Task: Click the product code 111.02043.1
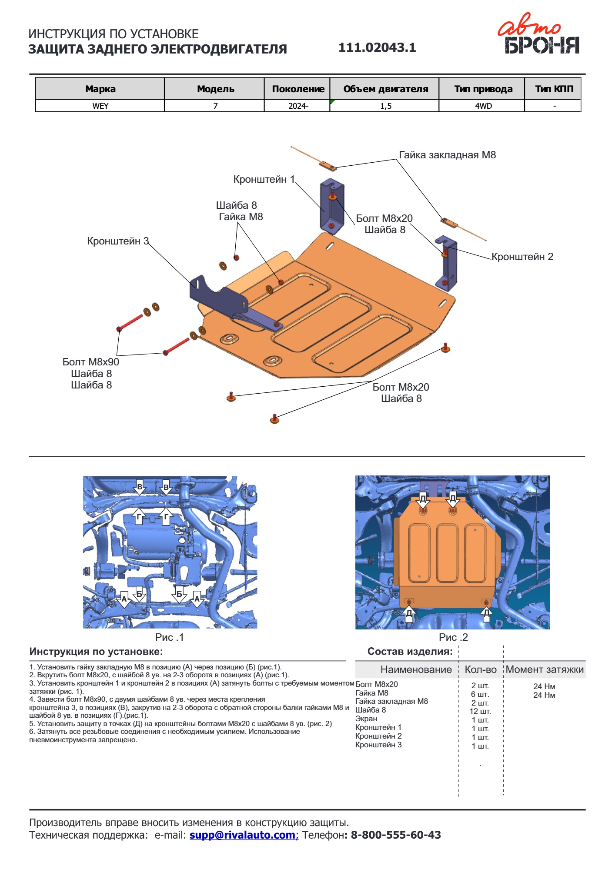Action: [x=377, y=47]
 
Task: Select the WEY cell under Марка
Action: [x=100, y=106]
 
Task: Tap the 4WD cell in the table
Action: [x=483, y=106]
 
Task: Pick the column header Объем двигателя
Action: [x=385, y=89]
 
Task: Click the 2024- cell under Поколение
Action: [x=298, y=106]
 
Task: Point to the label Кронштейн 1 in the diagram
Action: [x=264, y=179]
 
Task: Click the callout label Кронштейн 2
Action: [x=522, y=257]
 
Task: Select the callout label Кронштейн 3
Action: [x=118, y=241]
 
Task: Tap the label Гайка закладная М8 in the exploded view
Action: [x=447, y=155]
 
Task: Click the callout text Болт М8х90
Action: [x=90, y=362]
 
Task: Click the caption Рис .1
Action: [x=169, y=637]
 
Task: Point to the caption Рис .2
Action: [x=453, y=637]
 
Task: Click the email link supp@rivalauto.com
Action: [x=244, y=835]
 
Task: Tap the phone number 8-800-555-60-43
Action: [x=396, y=835]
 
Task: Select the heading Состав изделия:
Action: [x=410, y=652]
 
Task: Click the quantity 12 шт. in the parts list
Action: [x=480, y=711]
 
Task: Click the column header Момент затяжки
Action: [x=545, y=669]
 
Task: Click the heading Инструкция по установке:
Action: [x=96, y=652]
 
